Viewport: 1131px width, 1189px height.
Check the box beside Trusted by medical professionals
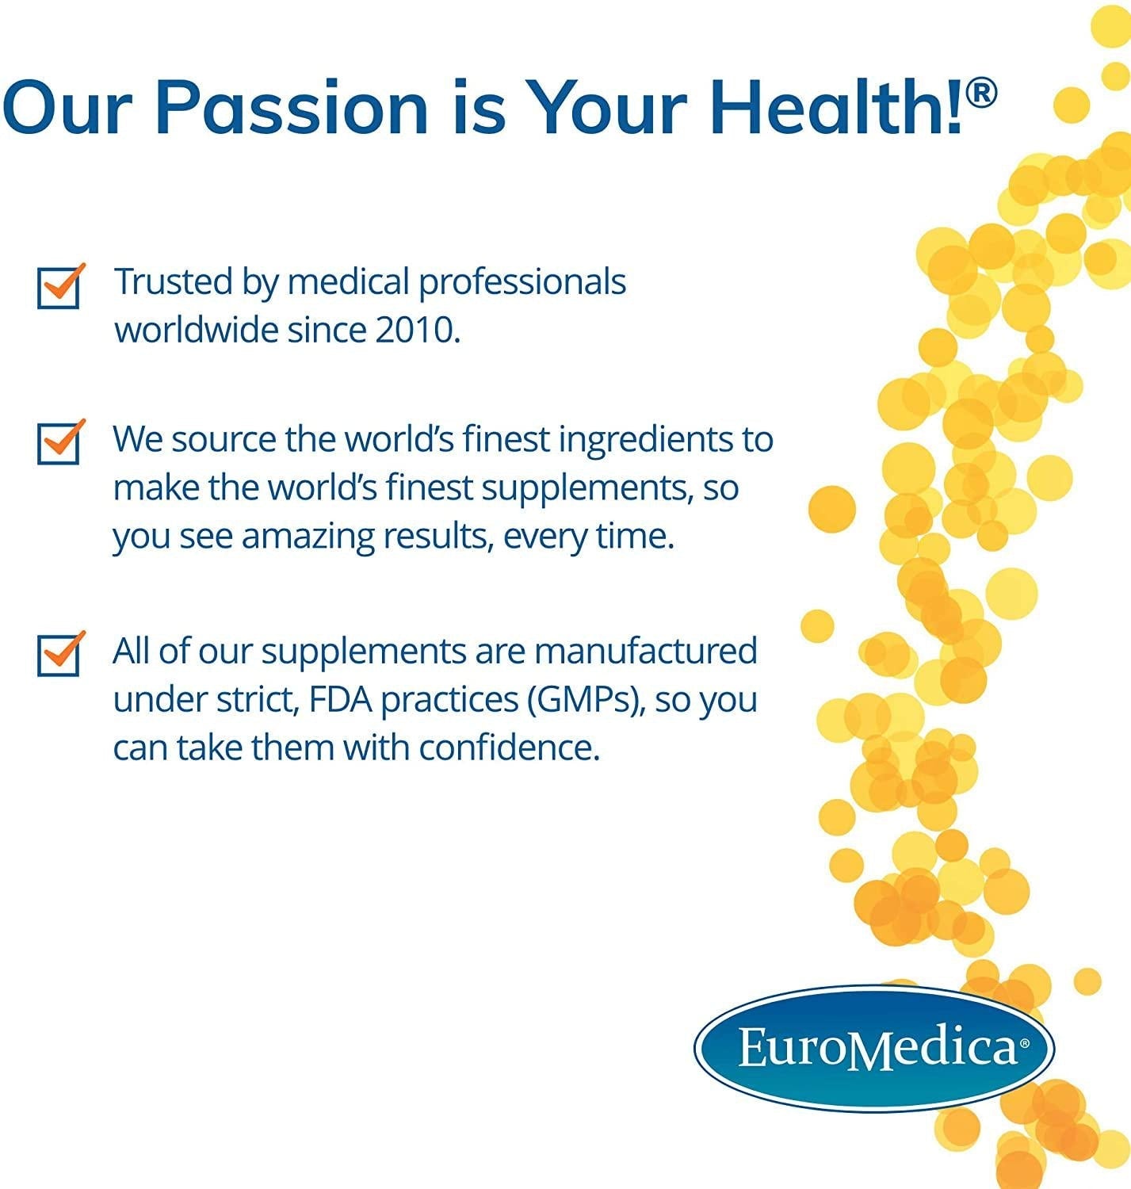59,287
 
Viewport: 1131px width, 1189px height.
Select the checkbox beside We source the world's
59,443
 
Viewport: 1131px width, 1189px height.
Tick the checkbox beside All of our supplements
59,654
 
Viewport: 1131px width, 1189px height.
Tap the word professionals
522,283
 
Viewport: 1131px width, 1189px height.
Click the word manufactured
645,651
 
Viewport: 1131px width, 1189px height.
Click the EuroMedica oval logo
874,1048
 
